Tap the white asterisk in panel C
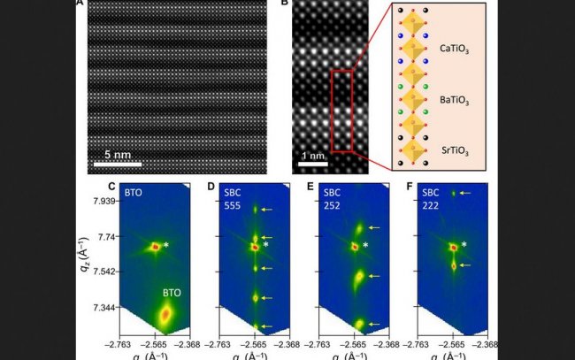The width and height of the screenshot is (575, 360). click(166, 245)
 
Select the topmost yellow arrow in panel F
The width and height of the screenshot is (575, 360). click(466, 193)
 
